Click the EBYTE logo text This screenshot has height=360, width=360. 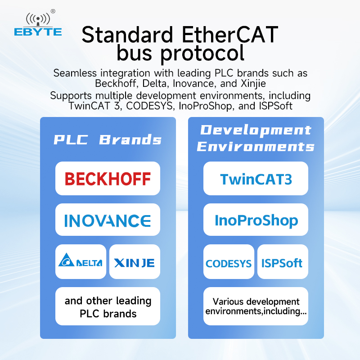[38, 31]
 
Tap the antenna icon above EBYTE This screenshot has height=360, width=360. [38, 19]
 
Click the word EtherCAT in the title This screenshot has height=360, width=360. [230, 35]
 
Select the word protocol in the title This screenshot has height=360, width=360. [202, 54]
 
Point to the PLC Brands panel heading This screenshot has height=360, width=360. [108, 139]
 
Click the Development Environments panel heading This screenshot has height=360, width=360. [256, 138]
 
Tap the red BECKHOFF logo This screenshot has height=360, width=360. [108, 179]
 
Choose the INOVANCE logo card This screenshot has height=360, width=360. [108, 220]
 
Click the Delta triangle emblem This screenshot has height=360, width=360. [66, 260]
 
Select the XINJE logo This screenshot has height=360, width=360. [135, 263]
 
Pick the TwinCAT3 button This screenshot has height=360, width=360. [256, 179]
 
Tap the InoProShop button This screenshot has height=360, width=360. [256, 220]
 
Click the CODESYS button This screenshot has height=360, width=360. [229, 262]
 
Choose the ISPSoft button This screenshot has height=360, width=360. [283, 262]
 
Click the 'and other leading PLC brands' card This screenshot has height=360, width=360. [108, 306]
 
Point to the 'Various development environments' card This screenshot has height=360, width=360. [256, 306]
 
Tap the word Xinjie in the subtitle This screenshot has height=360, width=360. [253, 84]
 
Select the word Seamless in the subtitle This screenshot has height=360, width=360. [75, 73]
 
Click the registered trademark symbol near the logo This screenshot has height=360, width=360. [53, 11]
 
